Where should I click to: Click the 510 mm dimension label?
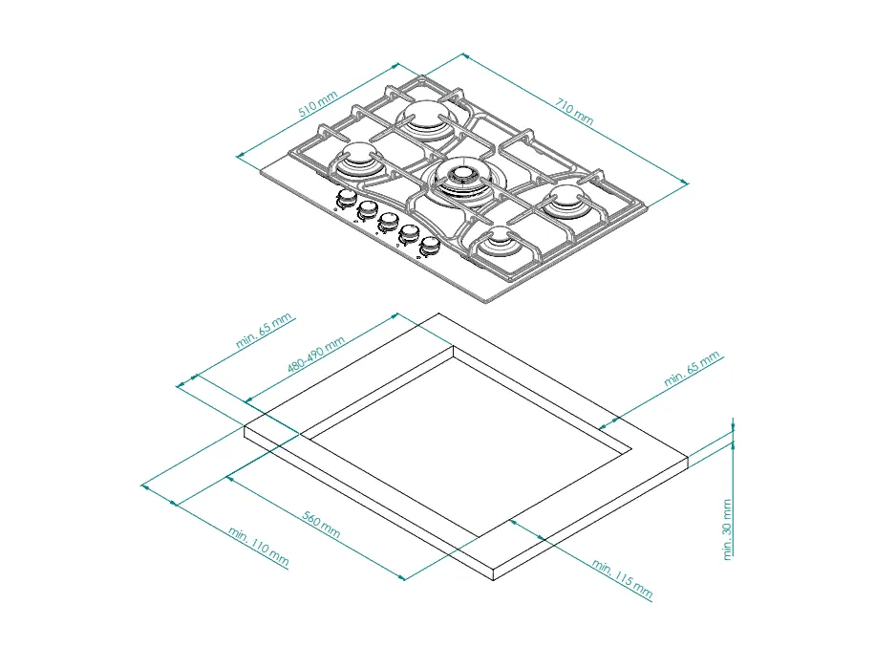[x=318, y=103]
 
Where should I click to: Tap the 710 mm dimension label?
[x=574, y=112]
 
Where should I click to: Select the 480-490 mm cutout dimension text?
[x=316, y=355]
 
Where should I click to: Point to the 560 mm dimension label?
[x=321, y=524]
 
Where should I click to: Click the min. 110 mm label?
[x=258, y=547]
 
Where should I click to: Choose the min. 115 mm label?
[x=622, y=578]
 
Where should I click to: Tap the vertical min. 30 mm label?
[x=727, y=529]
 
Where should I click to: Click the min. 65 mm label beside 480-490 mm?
[x=264, y=331]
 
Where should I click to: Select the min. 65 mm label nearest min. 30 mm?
[x=692, y=369]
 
